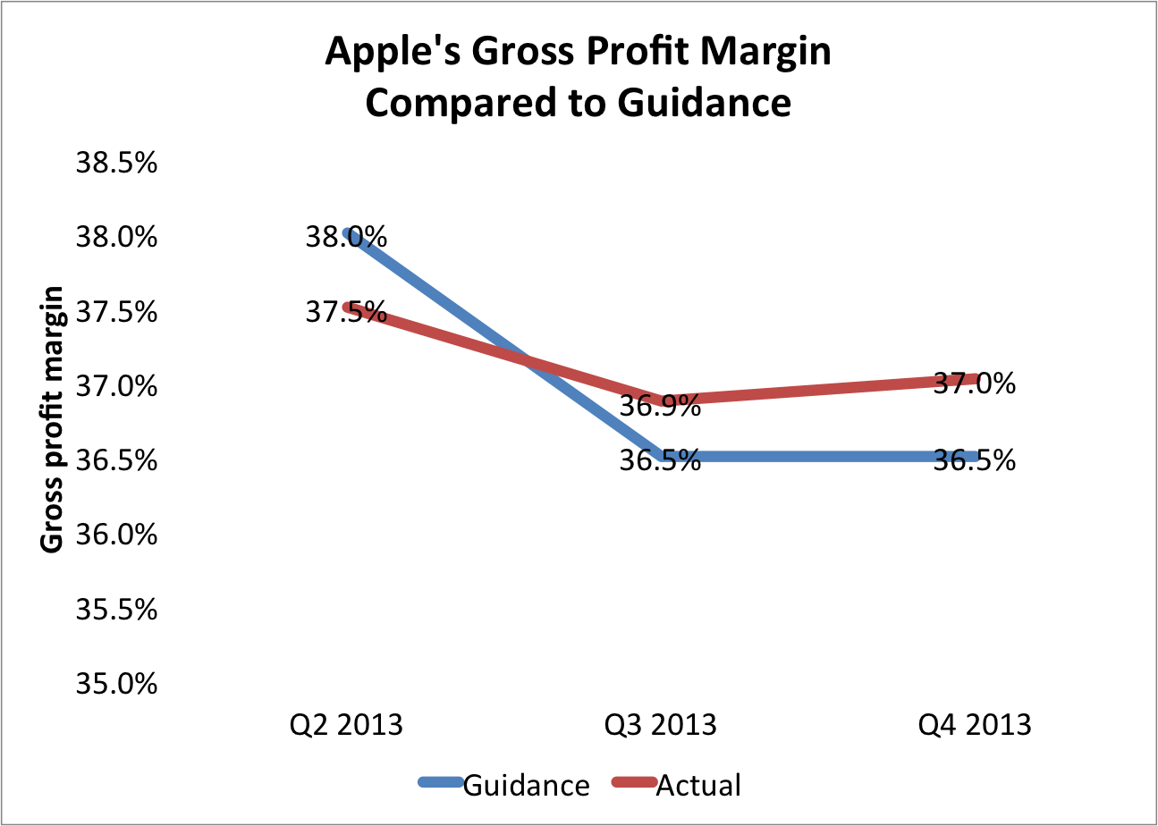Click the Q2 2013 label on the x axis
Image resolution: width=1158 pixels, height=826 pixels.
pos(345,723)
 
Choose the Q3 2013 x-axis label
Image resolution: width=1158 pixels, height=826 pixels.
pos(660,723)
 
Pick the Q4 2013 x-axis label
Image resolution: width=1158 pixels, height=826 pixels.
pos(975,723)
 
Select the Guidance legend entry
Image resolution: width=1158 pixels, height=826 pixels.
pos(526,785)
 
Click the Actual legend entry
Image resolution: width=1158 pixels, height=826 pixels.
pos(698,785)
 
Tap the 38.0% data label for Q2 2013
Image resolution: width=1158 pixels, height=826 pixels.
pos(346,238)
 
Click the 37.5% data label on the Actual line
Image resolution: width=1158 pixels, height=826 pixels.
pos(346,313)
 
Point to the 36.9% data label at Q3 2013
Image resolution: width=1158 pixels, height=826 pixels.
pos(660,408)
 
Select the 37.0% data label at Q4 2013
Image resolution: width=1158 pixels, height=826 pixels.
pos(975,384)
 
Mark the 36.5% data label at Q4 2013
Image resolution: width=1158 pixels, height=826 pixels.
pos(975,460)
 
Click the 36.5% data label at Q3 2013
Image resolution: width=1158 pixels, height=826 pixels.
pos(660,460)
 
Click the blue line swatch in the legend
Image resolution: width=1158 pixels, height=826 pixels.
pos(440,783)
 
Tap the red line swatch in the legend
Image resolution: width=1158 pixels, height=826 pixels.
pos(633,783)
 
